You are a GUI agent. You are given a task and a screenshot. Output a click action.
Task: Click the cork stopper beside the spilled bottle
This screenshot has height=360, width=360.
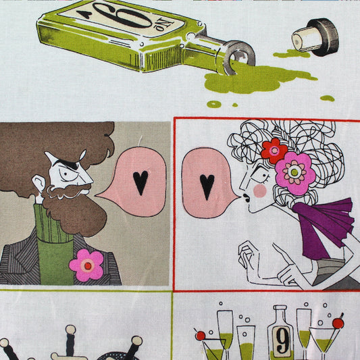(x=315, y=37)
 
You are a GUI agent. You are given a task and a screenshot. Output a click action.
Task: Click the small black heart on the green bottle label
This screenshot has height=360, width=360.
(x=84, y=14)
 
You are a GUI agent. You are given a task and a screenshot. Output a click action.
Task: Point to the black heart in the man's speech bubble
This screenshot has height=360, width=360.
(x=140, y=182)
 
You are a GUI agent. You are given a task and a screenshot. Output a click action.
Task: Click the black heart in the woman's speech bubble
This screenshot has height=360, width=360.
(x=207, y=186)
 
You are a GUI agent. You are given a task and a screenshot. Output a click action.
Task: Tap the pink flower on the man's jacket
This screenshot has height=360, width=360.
(x=87, y=265)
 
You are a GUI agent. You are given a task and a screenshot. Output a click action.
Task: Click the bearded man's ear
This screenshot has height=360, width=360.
(x=39, y=184)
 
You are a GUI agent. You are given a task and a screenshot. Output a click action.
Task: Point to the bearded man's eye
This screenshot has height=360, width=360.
(x=67, y=174)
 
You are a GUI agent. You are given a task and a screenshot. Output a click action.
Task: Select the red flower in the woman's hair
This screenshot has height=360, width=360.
(x=274, y=151)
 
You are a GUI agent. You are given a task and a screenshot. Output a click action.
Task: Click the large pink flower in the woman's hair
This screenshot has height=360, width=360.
(x=294, y=173)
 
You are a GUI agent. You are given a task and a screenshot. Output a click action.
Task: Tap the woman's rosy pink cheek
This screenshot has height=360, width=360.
(x=260, y=190)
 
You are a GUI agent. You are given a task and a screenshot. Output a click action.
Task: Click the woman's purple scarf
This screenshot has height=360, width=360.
(x=326, y=228)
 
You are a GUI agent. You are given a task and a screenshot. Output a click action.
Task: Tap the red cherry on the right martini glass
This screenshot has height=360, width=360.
(x=338, y=324)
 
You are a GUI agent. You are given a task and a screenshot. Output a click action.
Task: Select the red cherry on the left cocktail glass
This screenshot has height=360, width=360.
(x=201, y=336)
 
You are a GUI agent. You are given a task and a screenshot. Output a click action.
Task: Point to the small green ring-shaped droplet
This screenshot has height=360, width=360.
(x=214, y=104)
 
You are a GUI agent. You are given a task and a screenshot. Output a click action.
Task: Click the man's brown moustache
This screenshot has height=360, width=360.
(x=69, y=191)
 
